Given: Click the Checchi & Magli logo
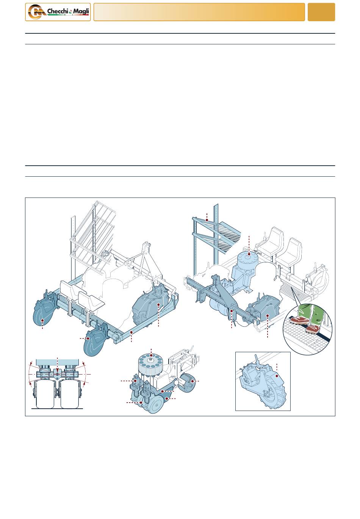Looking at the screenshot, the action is point(58,12).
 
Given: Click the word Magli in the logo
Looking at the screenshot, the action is point(81,11).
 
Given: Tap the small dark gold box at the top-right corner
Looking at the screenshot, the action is point(321,12).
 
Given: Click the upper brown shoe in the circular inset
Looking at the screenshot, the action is point(299,321).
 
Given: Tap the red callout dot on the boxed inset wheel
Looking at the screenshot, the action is point(277,376).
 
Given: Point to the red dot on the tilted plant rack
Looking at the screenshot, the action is point(207,220).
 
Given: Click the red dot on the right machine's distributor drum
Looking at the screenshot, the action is point(249,254).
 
